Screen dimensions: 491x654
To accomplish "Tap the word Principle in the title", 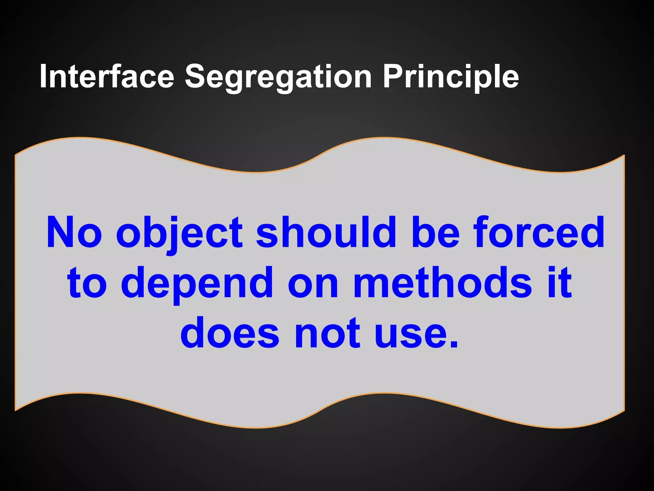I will [x=451, y=77].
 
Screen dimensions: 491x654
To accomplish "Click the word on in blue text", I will [x=313, y=283].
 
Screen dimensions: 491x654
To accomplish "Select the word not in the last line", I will [x=327, y=333].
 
